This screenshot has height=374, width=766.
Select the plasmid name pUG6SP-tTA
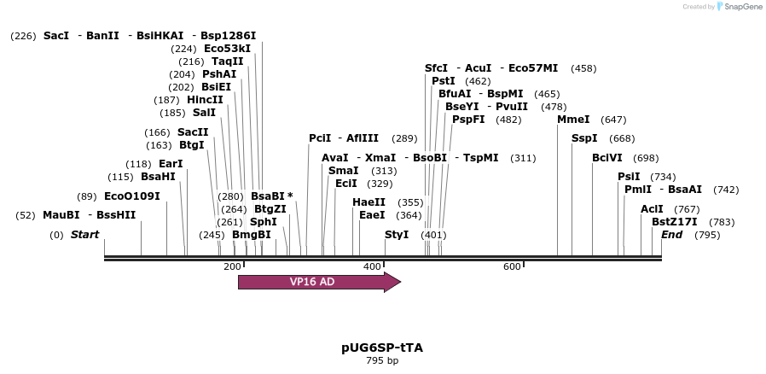point(382,348)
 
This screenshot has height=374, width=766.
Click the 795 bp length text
point(382,360)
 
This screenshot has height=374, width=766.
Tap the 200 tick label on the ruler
point(232,267)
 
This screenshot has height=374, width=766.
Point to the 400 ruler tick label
point(372,267)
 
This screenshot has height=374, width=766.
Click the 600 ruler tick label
point(512,267)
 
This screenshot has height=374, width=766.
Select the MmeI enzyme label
point(573,120)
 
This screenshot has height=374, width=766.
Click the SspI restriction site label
point(584,138)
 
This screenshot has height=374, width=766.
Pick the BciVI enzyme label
point(607,158)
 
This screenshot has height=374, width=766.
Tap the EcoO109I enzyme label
point(131,196)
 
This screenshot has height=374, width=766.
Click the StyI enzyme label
point(397,235)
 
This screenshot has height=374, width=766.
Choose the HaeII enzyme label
point(368,202)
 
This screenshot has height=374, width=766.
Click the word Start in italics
point(84,235)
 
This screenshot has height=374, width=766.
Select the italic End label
point(671,235)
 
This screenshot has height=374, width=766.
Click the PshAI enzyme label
point(219,74)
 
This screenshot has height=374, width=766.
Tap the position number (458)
point(583,68)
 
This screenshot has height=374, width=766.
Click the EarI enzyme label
point(171,164)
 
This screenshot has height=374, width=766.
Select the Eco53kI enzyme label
point(227,49)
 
